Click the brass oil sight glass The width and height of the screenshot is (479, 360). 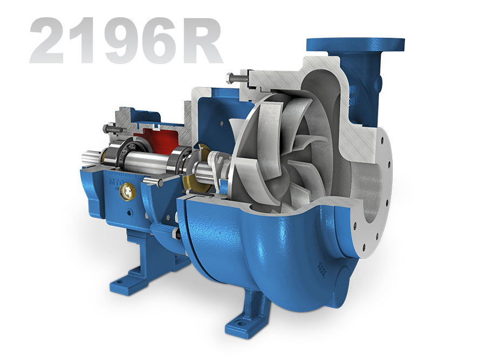coord(129,189)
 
